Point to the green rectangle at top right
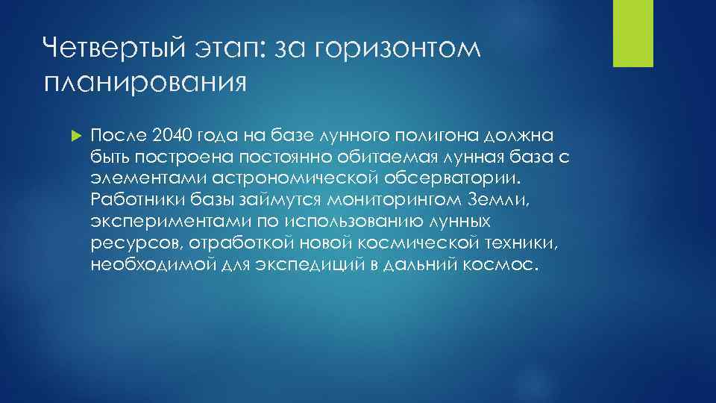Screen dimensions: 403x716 [632, 33]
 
